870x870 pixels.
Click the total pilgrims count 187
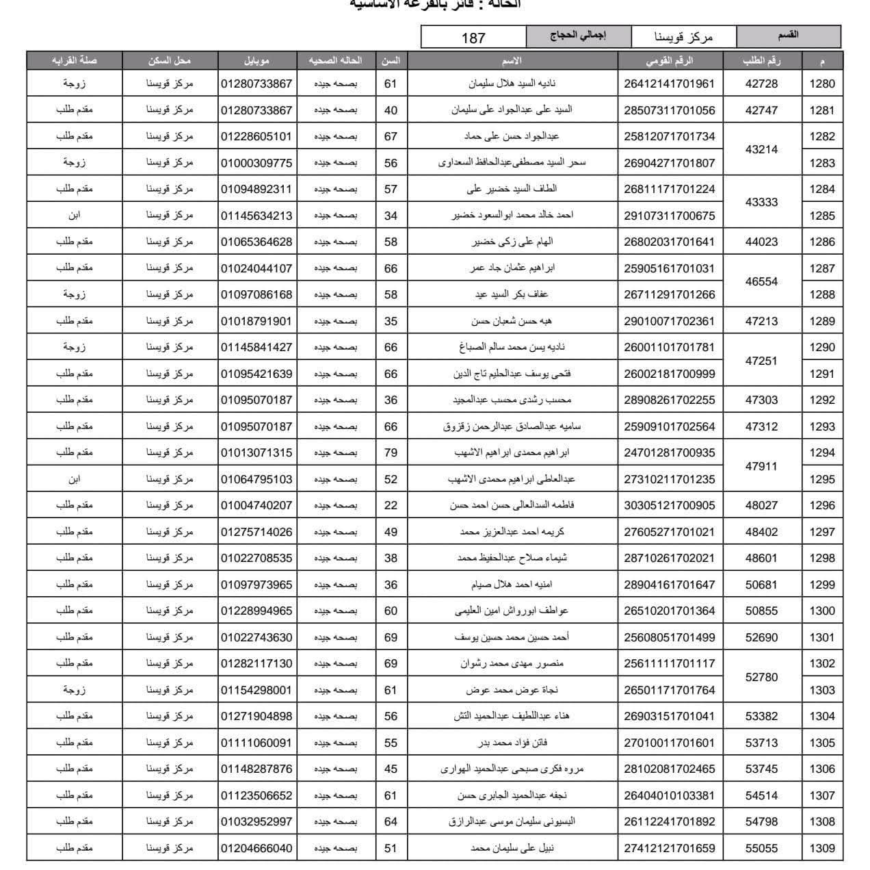click(x=473, y=38)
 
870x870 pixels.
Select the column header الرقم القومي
click(x=669, y=60)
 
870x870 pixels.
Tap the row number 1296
click(x=822, y=505)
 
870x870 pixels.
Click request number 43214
click(x=761, y=149)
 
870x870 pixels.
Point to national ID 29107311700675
click(x=669, y=216)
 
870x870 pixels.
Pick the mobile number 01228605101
click(x=256, y=136)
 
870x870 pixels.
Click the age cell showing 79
click(x=391, y=452)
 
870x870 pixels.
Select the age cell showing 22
click(x=391, y=505)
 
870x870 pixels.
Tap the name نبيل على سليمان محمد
click(x=512, y=848)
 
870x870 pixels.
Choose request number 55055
click(x=761, y=848)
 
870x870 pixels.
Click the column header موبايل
click(x=256, y=60)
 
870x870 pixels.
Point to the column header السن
click(x=391, y=60)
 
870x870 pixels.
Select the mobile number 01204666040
click(x=256, y=848)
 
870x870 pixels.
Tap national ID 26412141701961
click(x=669, y=84)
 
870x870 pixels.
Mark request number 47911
click(x=761, y=466)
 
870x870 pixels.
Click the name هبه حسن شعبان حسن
click(x=512, y=321)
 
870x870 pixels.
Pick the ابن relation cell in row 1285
click(x=74, y=215)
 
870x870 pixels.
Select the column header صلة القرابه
click(x=74, y=60)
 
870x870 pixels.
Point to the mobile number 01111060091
click(x=256, y=743)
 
